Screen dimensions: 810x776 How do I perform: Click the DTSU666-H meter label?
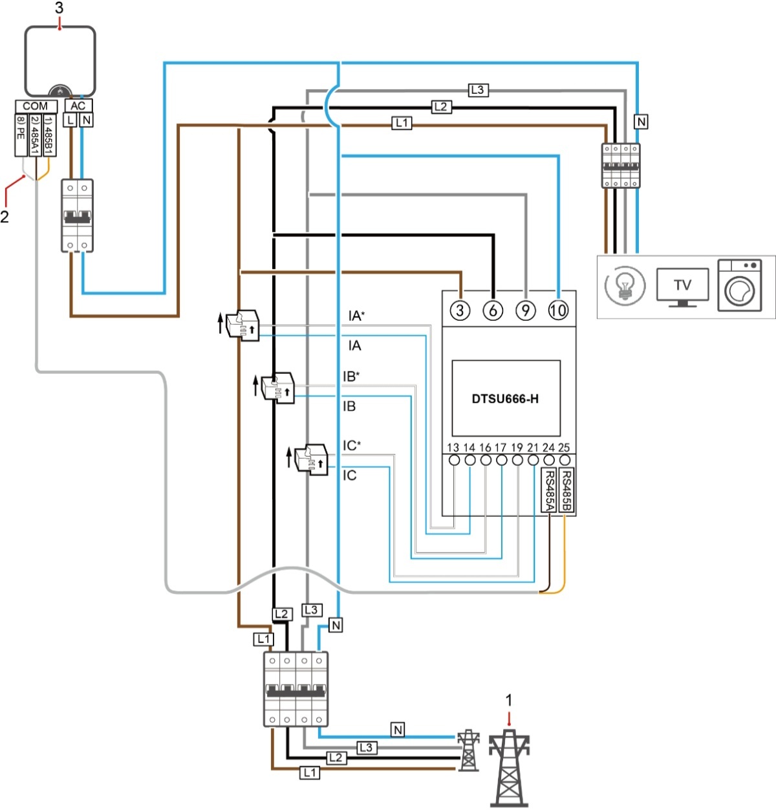click(x=505, y=399)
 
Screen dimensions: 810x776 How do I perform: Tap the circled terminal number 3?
click(x=460, y=311)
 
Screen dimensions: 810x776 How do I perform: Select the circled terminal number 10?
click(x=557, y=311)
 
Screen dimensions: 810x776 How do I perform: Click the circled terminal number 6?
click(x=493, y=311)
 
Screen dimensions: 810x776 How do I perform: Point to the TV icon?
click(x=682, y=287)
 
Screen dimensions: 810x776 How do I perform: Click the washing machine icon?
click(x=740, y=285)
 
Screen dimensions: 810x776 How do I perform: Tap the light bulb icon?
click(x=625, y=284)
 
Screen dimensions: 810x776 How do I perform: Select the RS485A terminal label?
click(x=548, y=490)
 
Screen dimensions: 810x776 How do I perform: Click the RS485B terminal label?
click(x=566, y=490)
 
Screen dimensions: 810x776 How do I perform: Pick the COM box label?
click(x=36, y=106)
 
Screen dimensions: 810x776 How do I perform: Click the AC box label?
click(x=78, y=106)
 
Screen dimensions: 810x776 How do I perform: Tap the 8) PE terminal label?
click(x=21, y=135)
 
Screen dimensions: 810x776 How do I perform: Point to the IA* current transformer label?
click(x=356, y=316)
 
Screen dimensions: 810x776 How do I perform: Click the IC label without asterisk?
click(x=349, y=476)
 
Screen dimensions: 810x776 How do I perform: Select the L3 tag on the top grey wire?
click(x=477, y=90)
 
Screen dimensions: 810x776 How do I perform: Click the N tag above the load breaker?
click(x=641, y=122)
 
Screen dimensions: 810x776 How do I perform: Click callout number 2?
click(x=5, y=217)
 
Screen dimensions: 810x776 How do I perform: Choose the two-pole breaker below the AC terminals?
click(x=77, y=215)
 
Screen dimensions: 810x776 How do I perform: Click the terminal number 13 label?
click(x=453, y=448)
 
